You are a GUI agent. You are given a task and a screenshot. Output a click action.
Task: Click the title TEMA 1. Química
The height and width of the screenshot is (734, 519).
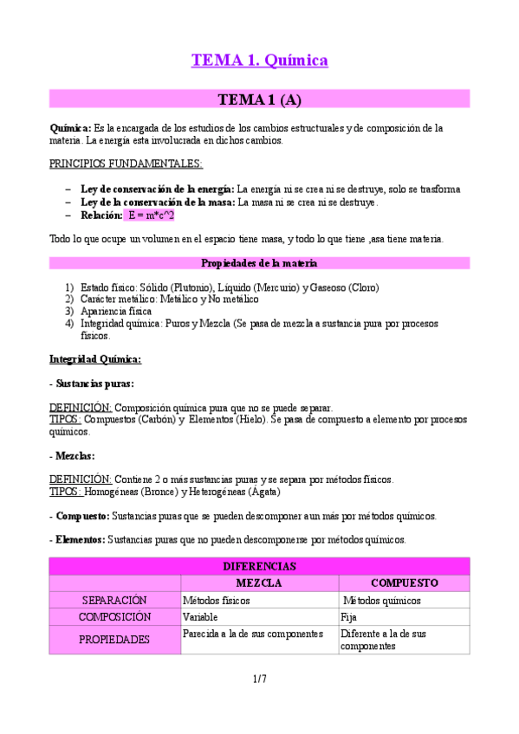point(259,61)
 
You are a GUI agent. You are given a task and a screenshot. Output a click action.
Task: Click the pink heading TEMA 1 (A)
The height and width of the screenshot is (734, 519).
point(259,100)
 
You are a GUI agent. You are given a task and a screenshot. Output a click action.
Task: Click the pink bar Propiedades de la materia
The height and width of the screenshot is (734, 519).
point(259,263)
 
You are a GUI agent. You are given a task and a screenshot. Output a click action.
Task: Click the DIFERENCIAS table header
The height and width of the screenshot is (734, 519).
point(259,566)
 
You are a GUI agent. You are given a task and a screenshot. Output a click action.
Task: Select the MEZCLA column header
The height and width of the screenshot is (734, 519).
point(259,583)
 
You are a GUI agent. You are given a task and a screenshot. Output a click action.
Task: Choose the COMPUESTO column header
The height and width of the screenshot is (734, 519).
point(404,583)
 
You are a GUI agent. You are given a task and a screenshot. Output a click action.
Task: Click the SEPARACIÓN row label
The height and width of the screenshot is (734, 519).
point(114,600)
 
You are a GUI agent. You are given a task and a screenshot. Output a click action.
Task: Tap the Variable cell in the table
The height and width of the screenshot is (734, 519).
point(200,617)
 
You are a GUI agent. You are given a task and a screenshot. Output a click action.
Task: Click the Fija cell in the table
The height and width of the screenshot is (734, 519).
point(349,617)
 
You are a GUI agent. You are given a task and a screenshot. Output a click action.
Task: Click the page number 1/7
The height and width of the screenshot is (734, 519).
point(259,679)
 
